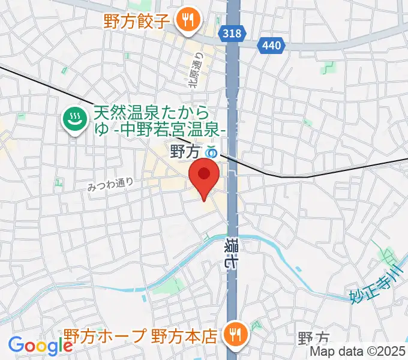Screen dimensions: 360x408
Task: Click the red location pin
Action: (204, 175)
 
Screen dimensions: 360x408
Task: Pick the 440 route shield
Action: (271, 44)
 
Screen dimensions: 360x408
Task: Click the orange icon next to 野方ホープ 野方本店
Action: (233, 334)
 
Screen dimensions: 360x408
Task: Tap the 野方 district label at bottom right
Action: (313, 340)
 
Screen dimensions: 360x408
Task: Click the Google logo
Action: (40, 346)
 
